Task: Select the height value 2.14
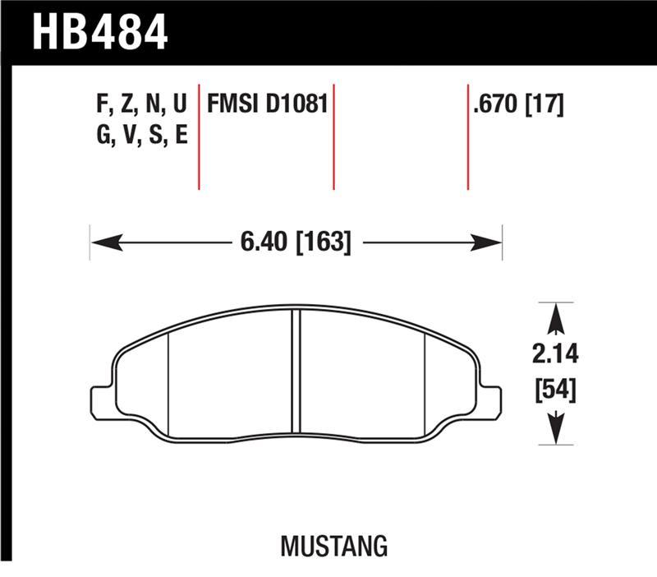[555, 355]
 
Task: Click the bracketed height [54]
[555, 388]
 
